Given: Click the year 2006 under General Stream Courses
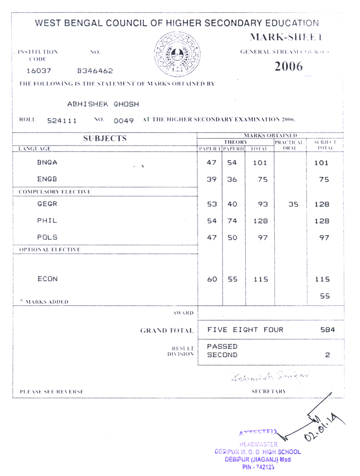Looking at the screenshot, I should pos(288,67).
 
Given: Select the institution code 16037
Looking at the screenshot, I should pos(39,71).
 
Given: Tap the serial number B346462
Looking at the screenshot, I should pos(95,71).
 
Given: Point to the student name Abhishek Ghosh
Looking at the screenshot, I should pos(103,104).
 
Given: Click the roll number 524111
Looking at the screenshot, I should pos(62,121).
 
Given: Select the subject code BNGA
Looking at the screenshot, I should pos(47,162).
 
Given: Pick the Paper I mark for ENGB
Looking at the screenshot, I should pos(211,180).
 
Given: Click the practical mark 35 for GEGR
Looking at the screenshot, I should pos(293,204).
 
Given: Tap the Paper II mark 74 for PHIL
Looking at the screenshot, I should pos(232,221).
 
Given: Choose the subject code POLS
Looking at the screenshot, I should pos(47,237).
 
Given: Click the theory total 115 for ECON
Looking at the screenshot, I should pos(260,280).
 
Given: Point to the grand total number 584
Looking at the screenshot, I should pos(328,330).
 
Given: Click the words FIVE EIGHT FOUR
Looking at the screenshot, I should pos(245,330).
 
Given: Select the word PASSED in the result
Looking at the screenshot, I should pos(222,346).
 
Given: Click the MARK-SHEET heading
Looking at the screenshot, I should pos(286,37).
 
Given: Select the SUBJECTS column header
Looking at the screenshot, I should pos(105,138).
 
